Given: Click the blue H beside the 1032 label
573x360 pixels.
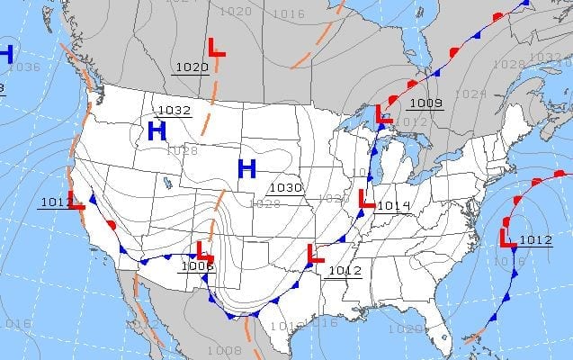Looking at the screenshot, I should [157, 131].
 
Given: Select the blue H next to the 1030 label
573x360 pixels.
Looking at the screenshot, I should [246, 167].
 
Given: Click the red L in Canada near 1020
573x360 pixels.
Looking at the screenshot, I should [217, 49].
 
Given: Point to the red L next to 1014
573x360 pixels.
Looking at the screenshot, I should [366, 199].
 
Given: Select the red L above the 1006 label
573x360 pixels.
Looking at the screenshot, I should [204, 251].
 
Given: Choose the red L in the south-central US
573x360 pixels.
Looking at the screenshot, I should [315, 254].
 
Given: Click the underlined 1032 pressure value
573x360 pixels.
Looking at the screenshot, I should [174, 111].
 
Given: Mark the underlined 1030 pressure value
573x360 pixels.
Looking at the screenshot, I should [286, 187].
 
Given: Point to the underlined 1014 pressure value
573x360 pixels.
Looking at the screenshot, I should [393, 206].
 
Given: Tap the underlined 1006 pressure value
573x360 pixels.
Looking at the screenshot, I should [197, 265].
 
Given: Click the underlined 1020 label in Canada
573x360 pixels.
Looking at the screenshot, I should [192, 67].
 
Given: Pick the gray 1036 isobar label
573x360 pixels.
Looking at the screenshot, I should [25, 67].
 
